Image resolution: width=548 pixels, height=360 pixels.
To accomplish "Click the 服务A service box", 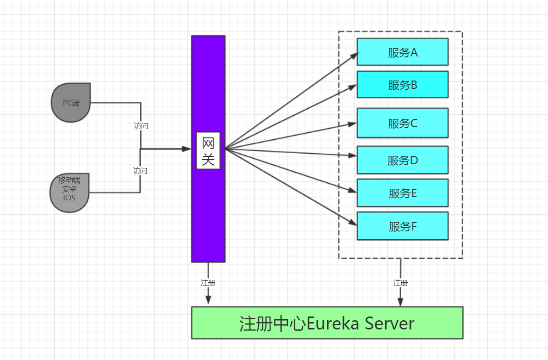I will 402,52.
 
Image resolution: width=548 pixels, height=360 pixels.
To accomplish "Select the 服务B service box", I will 402,85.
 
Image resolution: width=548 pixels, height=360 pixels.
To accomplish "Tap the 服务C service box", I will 402,123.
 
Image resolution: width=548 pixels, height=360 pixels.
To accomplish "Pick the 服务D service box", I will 402,160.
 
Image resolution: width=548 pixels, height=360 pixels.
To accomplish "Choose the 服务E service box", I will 402,193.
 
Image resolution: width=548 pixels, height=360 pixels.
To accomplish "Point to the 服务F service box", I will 402,226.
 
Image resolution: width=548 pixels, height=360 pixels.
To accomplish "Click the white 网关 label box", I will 208,151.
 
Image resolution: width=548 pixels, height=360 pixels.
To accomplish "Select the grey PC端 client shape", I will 71,103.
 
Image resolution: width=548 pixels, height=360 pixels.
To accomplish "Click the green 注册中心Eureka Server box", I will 327,323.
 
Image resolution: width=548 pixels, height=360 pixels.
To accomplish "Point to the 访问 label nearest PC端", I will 141,126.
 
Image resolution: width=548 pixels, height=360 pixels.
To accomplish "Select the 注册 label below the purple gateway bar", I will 208,283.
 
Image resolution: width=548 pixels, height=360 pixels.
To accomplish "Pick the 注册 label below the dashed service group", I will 400,283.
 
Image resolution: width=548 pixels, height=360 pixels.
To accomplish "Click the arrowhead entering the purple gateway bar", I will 187,149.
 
